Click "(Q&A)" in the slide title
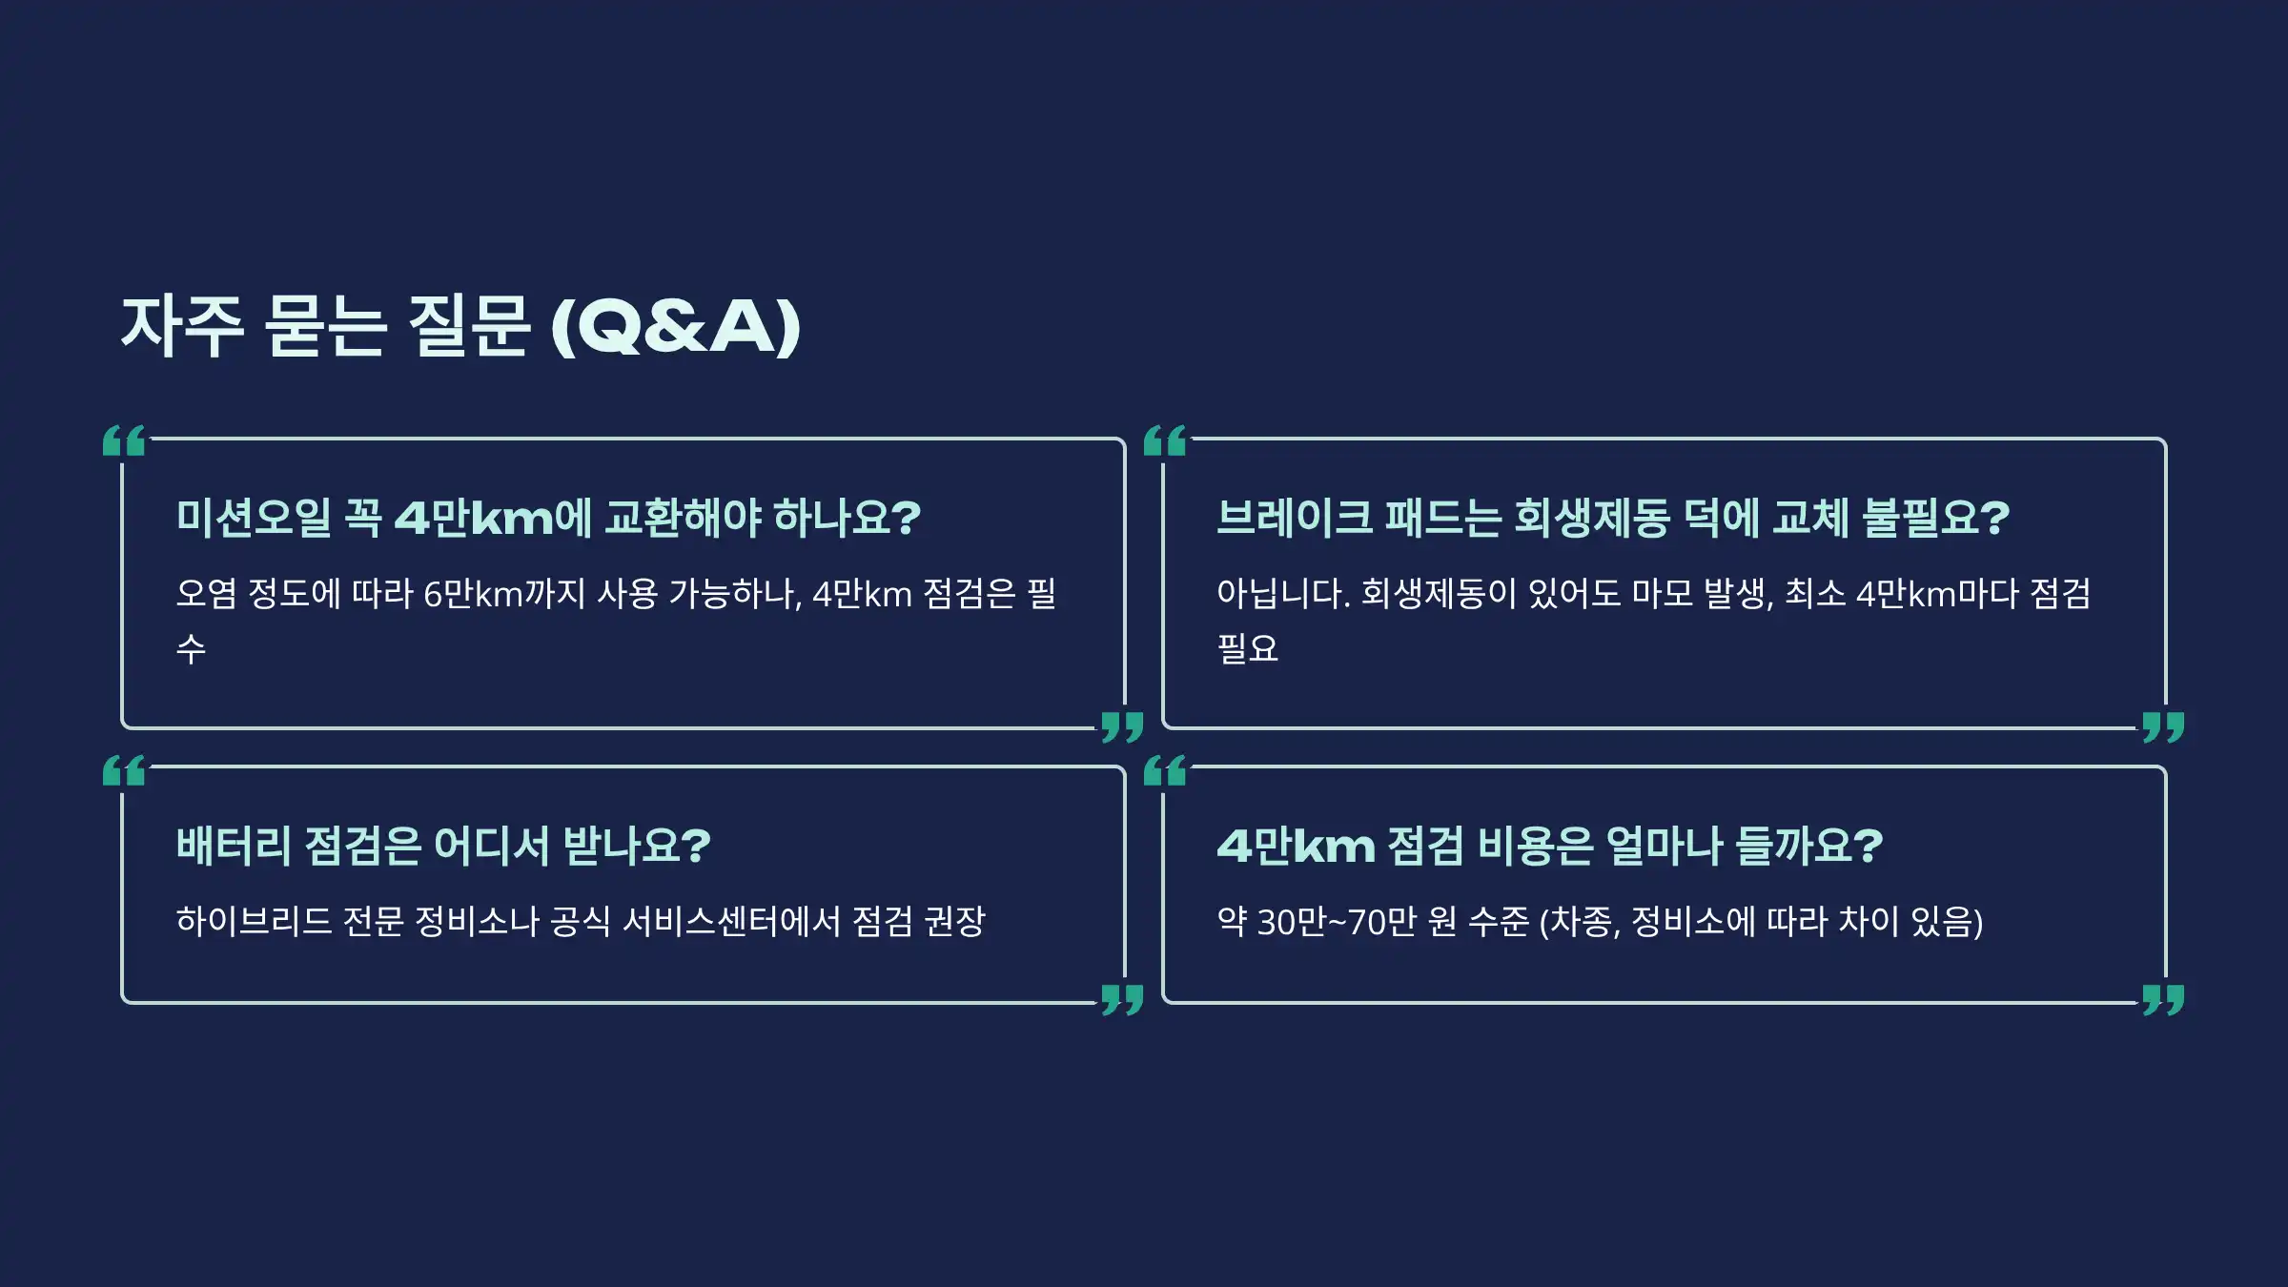[676, 326]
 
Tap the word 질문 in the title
[467, 326]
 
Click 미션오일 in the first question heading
[254, 518]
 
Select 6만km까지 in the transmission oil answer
[504, 594]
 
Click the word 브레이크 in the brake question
[1295, 518]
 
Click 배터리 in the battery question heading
[234, 846]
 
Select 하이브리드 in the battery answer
[254, 922]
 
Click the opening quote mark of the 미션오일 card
[124, 440]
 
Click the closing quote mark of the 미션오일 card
[1122, 726]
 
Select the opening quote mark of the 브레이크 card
[1165, 440]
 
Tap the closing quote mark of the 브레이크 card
[2163, 726]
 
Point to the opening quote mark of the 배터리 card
[124, 770]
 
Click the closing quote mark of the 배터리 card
[1122, 1000]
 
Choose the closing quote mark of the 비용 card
[2163, 1000]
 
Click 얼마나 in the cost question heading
[1664, 846]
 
